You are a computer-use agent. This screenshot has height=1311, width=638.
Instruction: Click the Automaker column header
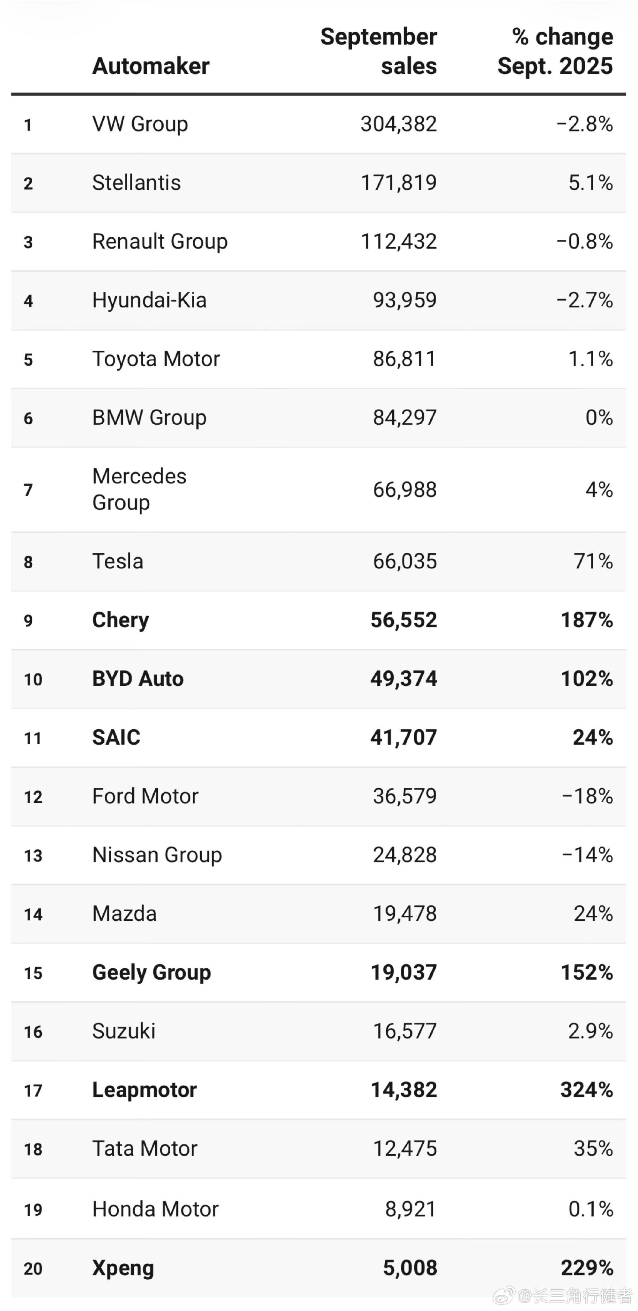151,66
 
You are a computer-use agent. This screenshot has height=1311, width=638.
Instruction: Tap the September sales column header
379,51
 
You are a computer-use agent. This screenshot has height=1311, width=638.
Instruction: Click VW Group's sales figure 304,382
399,124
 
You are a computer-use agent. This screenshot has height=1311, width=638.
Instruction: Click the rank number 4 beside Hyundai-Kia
28,301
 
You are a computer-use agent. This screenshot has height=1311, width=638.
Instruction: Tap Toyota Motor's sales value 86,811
405,359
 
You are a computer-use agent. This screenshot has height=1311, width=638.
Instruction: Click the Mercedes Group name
139,489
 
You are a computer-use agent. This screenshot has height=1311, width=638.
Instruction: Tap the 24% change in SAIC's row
593,737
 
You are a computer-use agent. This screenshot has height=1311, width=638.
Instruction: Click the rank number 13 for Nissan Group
33,855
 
